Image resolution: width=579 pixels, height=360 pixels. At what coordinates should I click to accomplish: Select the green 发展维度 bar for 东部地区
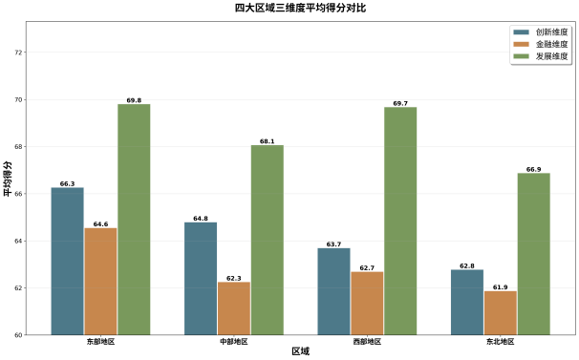(134, 219)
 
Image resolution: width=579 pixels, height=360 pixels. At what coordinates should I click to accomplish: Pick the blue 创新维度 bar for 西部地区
(333, 291)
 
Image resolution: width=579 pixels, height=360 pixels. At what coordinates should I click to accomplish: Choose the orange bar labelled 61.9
(501, 312)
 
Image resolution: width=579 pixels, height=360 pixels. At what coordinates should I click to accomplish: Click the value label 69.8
(134, 100)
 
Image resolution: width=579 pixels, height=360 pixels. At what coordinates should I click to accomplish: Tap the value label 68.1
(267, 141)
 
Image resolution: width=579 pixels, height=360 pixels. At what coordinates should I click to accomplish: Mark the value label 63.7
(333, 244)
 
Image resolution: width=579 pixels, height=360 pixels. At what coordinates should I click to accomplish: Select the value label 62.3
(234, 278)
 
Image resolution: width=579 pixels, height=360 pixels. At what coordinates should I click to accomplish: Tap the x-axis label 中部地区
(233, 342)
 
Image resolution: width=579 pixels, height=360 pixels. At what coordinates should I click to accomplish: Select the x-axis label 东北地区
(501, 342)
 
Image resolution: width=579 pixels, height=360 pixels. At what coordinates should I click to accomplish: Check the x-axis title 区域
(300, 351)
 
